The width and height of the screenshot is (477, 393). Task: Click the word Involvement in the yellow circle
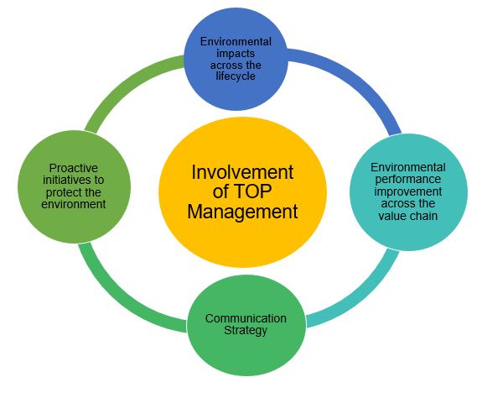[242, 172]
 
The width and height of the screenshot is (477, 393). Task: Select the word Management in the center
[242, 212]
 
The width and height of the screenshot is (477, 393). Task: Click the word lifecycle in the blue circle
[236, 76]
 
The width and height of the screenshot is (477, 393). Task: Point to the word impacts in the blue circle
[236, 53]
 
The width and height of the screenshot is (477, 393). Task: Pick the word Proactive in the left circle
[74, 168]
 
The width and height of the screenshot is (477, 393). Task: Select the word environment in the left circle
[74, 204]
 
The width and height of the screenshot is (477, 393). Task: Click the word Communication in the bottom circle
[246, 318]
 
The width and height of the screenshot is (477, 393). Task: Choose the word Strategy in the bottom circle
[246, 331]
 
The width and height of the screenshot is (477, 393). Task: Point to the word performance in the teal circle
[408, 180]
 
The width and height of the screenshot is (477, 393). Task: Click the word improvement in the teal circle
[408, 191]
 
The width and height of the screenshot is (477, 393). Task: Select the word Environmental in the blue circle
[236, 42]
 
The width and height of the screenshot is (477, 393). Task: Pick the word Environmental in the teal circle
[408, 167]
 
